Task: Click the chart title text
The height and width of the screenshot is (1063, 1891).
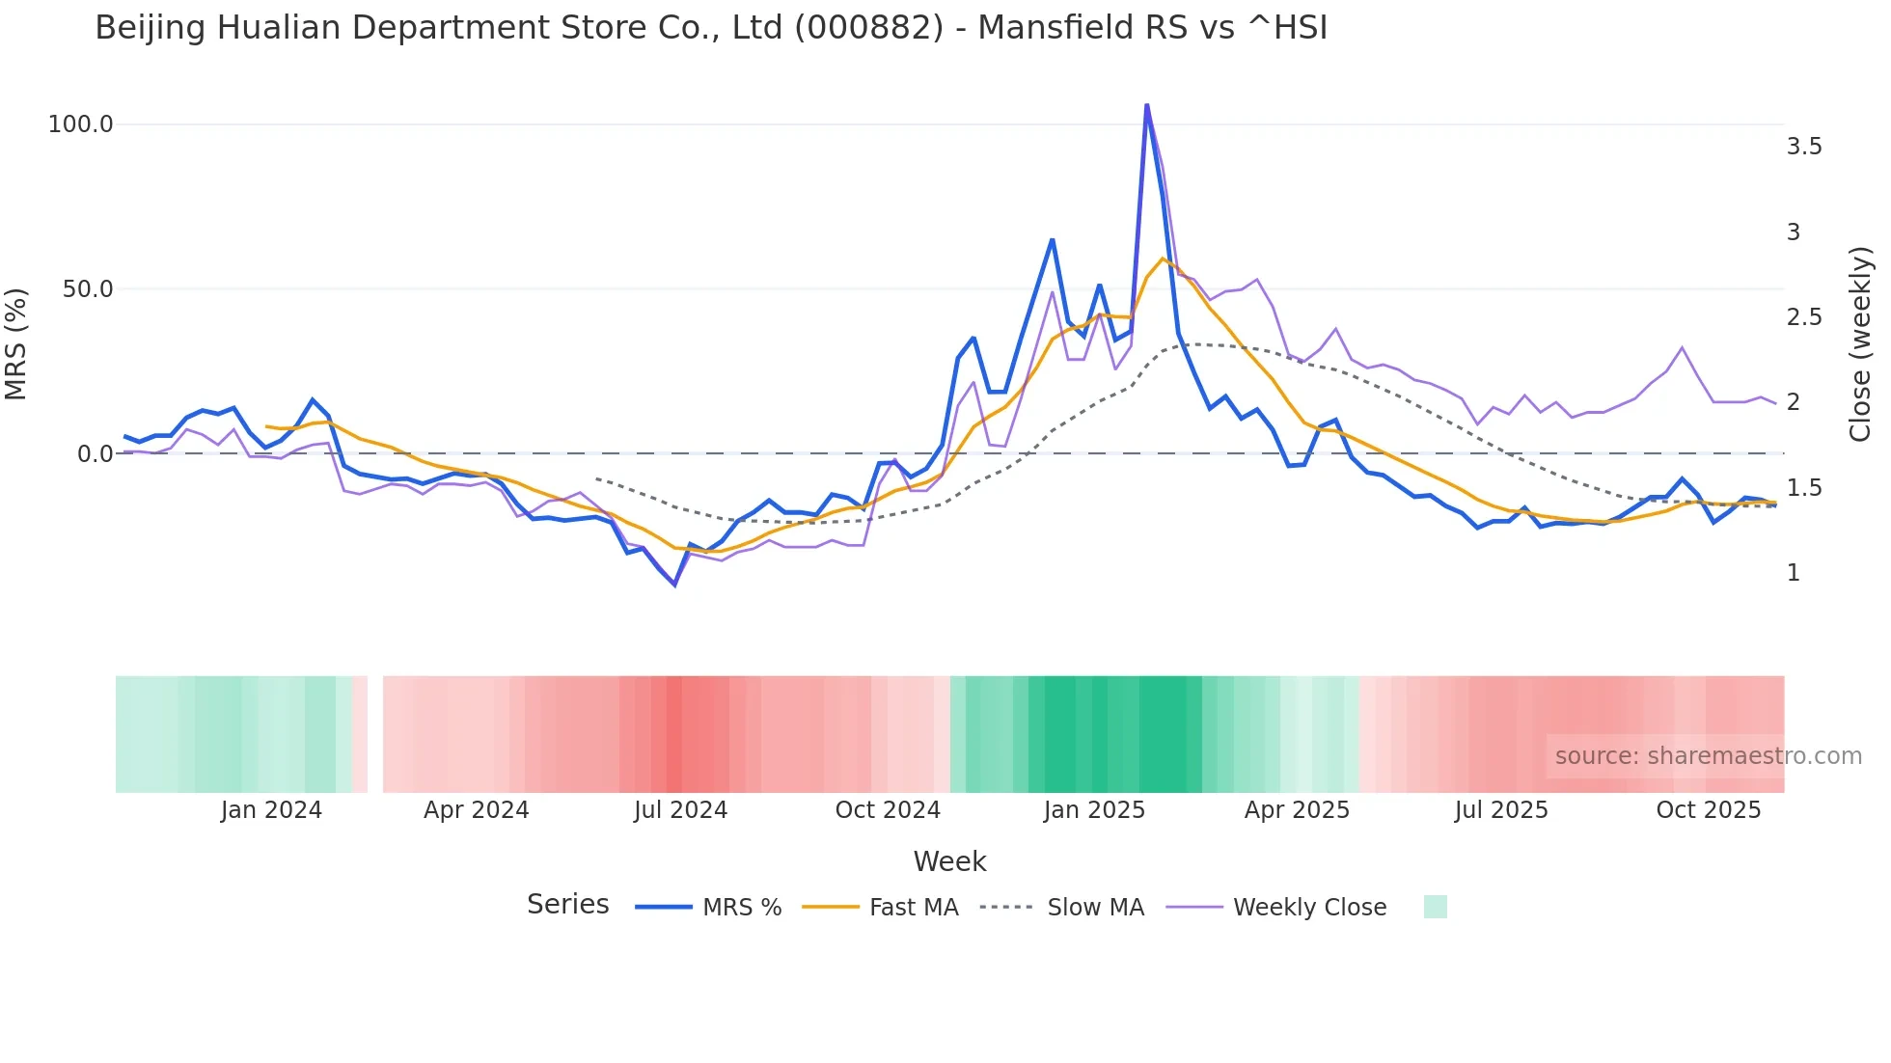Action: point(711,28)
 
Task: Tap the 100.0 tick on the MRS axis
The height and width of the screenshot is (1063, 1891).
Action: point(80,124)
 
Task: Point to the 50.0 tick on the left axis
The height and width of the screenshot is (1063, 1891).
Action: point(87,289)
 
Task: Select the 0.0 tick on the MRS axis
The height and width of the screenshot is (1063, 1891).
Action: point(95,453)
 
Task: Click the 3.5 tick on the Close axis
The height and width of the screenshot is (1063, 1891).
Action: point(1804,147)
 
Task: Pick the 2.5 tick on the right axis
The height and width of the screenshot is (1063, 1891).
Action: point(1804,317)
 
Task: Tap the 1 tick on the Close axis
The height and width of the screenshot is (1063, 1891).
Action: point(1794,573)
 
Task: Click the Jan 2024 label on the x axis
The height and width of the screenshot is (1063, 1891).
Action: point(271,810)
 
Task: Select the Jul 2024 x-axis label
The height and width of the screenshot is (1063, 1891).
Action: point(680,810)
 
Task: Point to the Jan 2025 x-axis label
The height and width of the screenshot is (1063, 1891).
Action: point(1094,810)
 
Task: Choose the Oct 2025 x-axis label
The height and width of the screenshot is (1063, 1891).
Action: point(1709,810)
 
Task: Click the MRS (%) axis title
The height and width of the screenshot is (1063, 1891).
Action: point(16,343)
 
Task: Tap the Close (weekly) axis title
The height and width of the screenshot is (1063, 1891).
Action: point(1860,343)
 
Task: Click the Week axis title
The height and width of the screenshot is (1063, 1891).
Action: point(949,861)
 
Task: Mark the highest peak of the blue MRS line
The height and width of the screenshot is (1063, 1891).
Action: point(1146,105)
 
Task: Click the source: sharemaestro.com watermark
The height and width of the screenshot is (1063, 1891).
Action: point(1708,756)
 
